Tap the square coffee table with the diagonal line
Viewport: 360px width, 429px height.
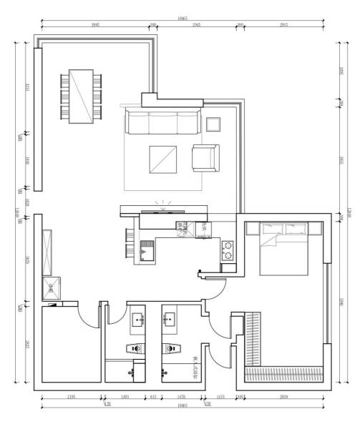pos(162,159)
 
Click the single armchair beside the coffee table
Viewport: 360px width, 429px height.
pos(205,158)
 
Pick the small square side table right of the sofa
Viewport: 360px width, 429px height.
pos(213,124)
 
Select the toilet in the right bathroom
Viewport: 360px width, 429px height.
pos(171,349)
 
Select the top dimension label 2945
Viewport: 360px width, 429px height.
pos(196,25)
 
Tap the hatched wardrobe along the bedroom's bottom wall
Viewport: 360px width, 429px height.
pos(283,373)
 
